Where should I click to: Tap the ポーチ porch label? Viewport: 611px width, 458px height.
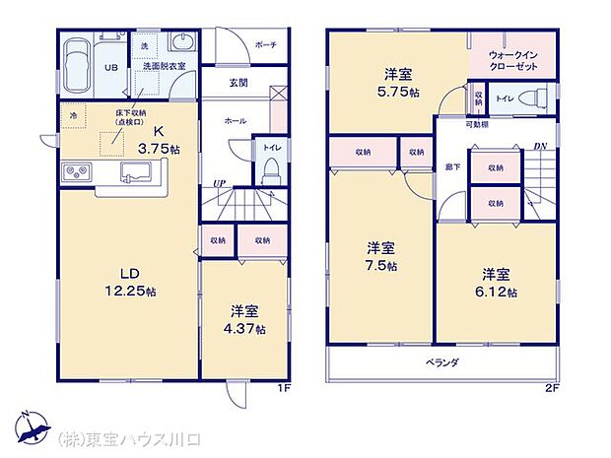click(265, 45)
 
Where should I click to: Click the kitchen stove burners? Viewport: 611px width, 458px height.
click(75, 173)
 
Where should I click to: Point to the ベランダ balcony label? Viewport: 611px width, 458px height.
click(442, 362)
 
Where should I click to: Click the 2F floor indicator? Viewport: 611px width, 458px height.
click(552, 387)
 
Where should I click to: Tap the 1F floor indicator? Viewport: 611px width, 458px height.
click(283, 387)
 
